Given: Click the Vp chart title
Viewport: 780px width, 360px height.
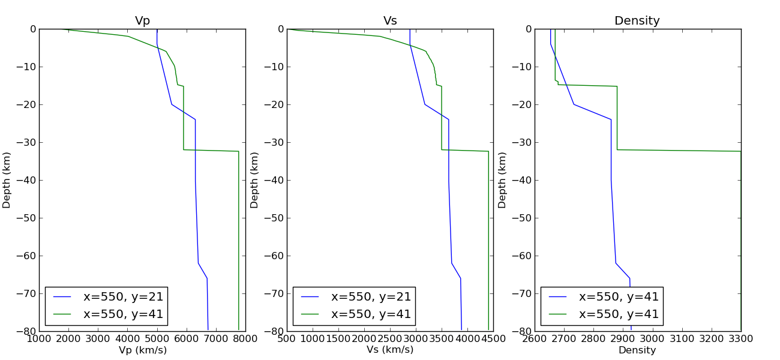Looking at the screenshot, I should pos(142,21).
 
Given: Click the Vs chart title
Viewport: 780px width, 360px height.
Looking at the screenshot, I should pos(390,21).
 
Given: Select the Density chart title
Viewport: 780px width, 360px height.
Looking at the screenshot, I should pos(637,21).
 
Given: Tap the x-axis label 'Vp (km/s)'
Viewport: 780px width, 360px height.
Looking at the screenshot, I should pos(142,350).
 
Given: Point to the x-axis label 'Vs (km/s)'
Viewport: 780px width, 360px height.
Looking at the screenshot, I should pos(390,350).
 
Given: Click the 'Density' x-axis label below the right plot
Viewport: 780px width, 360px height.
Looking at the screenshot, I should pos(637,350).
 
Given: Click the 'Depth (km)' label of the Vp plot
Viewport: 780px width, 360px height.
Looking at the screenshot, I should pos(7,180).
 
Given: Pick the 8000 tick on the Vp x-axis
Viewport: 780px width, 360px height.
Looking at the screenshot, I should pos(245,339).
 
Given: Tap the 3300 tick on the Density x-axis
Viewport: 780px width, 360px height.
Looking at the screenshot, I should pos(740,339).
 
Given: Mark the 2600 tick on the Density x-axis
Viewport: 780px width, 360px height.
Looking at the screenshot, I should pos(535,339).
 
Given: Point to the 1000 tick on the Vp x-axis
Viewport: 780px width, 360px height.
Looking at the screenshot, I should pos(39,339).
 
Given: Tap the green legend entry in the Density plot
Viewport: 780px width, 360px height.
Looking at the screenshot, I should pos(619,314).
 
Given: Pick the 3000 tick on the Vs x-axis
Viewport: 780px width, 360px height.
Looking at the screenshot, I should pos(416,339).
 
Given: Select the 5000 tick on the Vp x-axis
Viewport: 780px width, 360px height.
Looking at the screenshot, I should pos(157,339).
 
